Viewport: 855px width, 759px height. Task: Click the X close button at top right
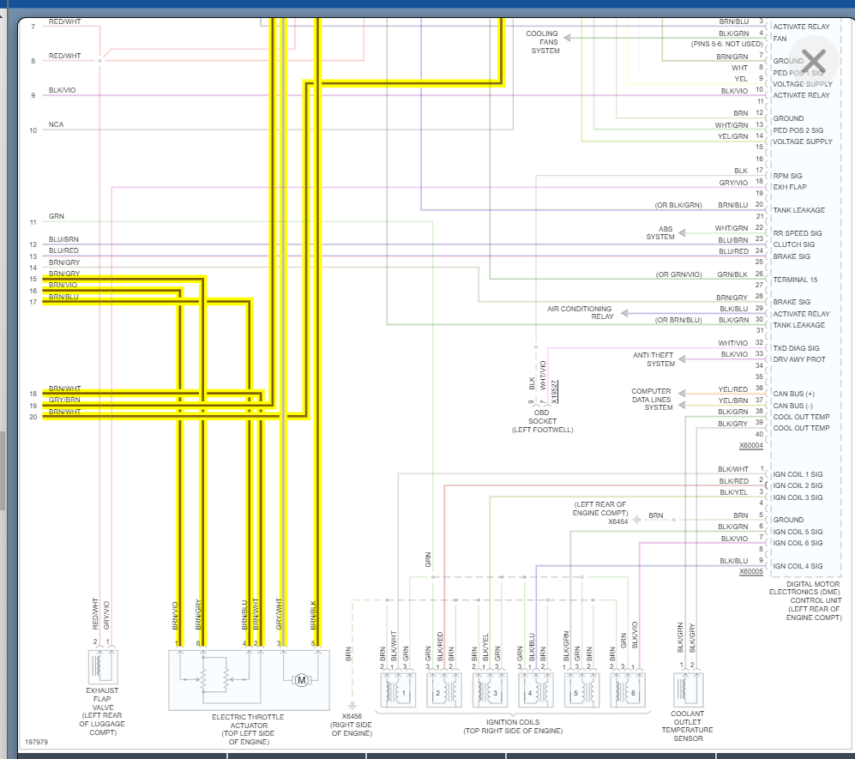pyautogui.click(x=813, y=60)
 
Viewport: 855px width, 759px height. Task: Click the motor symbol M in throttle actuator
pyautogui.click(x=301, y=680)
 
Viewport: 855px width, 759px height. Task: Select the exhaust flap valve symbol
pyautogui.click(x=103, y=666)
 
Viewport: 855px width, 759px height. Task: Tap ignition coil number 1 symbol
pyautogui.click(x=398, y=690)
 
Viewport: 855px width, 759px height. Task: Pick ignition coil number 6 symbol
pyautogui.click(x=628, y=690)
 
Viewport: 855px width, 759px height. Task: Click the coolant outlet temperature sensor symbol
pyautogui.click(x=688, y=689)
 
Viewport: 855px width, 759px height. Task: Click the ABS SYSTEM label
pyautogui.click(x=660, y=233)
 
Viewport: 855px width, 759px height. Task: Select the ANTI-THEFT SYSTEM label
pyautogui.click(x=653, y=358)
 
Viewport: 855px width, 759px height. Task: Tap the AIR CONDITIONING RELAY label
pyautogui.click(x=580, y=312)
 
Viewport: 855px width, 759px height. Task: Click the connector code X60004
pyautogui.click(x=750, y=445)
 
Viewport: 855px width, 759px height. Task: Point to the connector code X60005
pyautogui.click(x=750, y=571)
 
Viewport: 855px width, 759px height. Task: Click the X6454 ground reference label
pyautogui.click(x=618, y=521)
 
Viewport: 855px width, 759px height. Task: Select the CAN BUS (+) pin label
pyautogui.click(x=794, y=394)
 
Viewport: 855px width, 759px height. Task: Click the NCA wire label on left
pyautogui.click(x=56, y=125)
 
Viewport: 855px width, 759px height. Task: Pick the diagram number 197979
pyautogui.click(x=36, y=742)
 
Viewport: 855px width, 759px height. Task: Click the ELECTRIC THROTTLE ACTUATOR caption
pyautogui.click(x=248, y=717)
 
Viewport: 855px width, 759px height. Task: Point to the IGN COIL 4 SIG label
pyautogui.click(x=798, y=566)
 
